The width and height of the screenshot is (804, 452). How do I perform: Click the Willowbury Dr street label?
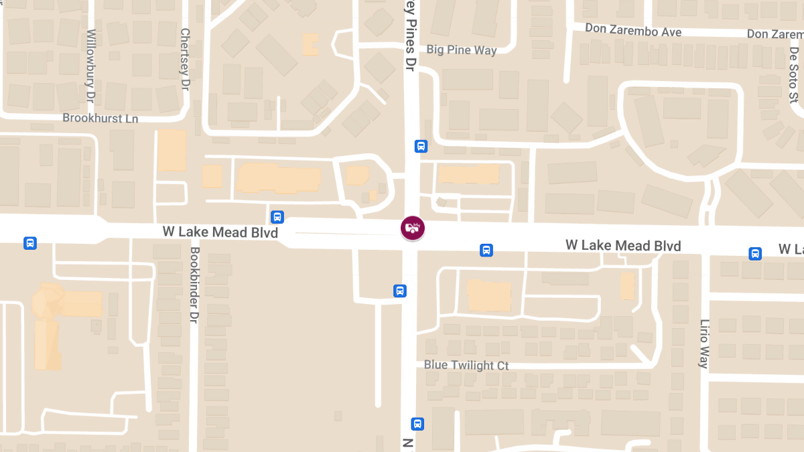point(92,65)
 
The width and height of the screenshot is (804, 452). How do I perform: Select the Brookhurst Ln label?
point(100,118)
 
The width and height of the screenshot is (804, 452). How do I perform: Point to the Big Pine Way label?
point(462,50)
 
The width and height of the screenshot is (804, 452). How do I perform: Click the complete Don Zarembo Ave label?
point(633,31)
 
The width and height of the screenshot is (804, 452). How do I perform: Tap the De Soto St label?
point(794,74)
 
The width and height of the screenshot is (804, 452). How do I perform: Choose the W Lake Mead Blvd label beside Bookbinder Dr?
point(220,232)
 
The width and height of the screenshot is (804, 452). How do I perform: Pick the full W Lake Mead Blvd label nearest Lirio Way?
point(623,246)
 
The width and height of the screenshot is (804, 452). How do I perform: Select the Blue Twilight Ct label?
point(466,366)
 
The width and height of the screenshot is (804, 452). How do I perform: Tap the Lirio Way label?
point(703,344)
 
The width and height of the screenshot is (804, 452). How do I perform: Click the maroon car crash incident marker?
point(412,228)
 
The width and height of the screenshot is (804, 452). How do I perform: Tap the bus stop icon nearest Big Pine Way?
point(421,146)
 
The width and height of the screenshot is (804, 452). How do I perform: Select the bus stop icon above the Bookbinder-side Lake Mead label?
point(277,217)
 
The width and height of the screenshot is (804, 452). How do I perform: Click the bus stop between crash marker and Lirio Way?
point(486,250)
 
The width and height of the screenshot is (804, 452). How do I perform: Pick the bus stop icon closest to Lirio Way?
point(755,254)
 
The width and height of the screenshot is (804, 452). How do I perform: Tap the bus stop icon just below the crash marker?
point(400,291)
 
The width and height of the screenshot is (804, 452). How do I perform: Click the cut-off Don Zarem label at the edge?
point(775,33)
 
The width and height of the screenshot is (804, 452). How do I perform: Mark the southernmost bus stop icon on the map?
point(417,424)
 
